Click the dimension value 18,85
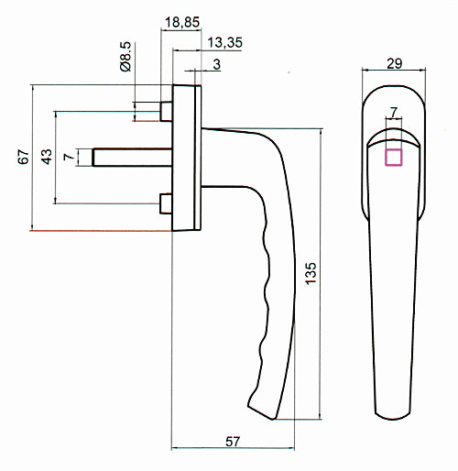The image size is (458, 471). click(182, 22)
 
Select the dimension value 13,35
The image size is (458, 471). click(225, 43)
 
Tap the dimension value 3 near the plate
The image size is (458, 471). click(216, 64)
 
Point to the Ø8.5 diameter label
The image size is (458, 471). click(125, 57)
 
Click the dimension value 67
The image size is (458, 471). click(23, 157)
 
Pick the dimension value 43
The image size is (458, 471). click(46, 157)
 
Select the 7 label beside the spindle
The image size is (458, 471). click(69, 157)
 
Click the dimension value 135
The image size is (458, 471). click(311, 273)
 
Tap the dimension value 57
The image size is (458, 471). click(233, 442)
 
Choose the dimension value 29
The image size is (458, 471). click(395, 64)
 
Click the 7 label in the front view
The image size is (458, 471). click(394, 112)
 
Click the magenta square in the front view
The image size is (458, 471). click(394, 158)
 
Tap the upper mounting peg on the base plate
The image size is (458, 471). click(166, 112)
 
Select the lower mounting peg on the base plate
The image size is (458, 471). click(166, 203)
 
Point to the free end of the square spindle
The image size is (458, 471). click(93, 158)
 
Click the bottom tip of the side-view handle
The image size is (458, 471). click(273, 419)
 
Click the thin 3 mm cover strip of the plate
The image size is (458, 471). click(198, 158)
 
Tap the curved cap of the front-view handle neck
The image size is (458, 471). click(393, 137)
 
